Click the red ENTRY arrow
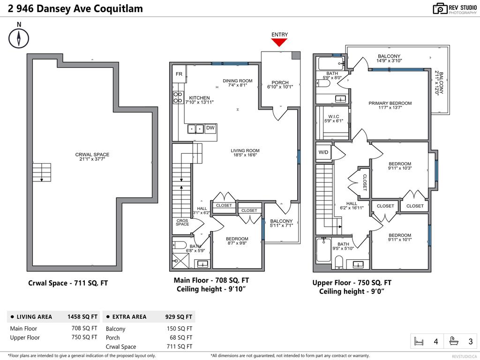(x=279, y=42)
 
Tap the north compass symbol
(x=19, y=37)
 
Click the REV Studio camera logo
(x=440, y=8)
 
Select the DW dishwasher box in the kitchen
(x=210, y=127)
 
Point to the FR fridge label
(x=179, y=74)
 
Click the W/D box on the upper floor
(x=323, y=152)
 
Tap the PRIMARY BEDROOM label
(x=390, y=103)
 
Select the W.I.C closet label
(x=333, y=116)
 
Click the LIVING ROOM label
(x=245, y=151)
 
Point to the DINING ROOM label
(x=237, y=81)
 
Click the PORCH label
(x=280, y=82)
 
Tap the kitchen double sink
(x=195, y=128)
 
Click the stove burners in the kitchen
(x=179, y=97)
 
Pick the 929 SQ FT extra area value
(x=179, y=317)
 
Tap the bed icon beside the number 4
(x=419, y=341)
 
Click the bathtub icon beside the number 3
(x=453, y=341)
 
